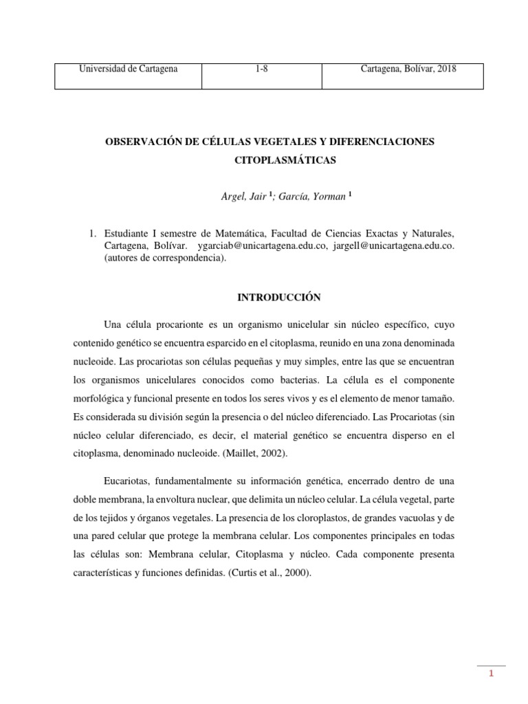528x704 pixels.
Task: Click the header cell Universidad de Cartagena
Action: tap(128, 69)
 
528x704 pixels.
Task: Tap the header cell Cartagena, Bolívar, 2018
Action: tap(408, 69)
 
